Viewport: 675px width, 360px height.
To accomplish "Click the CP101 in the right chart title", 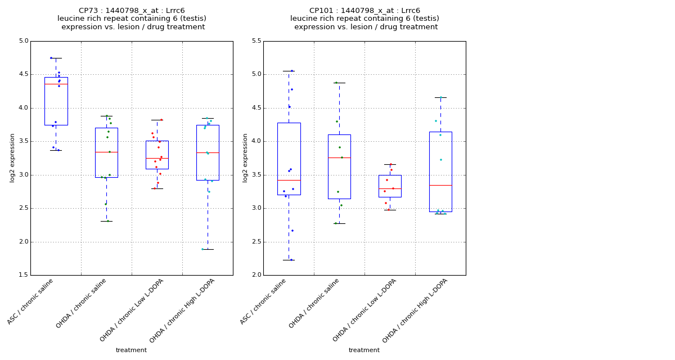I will click(320, 11).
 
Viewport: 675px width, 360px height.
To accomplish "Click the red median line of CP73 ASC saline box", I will click(56, 84).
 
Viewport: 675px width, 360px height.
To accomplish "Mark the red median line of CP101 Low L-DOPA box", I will click(390, 188).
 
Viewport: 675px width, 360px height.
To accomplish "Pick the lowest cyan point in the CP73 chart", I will click(202, 249).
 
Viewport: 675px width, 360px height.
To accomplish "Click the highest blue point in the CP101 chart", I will click(291, 71).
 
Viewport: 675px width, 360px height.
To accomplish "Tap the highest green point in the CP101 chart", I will click(336, 83).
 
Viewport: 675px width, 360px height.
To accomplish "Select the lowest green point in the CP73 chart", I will click(108, 221).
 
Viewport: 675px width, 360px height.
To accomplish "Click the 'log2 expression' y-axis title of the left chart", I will click(12, 157).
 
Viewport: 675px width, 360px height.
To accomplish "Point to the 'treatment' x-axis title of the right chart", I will click(364, 350).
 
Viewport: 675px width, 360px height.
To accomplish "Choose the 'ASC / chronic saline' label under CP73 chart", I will click(30, 301).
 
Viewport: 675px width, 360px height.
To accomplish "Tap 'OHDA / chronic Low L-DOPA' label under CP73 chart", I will click(132, 310).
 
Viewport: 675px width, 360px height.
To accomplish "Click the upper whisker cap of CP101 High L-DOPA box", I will click(440, 97).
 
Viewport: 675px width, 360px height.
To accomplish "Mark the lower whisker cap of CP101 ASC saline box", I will click(289, 260).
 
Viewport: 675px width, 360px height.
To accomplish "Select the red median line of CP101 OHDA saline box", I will click(339, 157).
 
